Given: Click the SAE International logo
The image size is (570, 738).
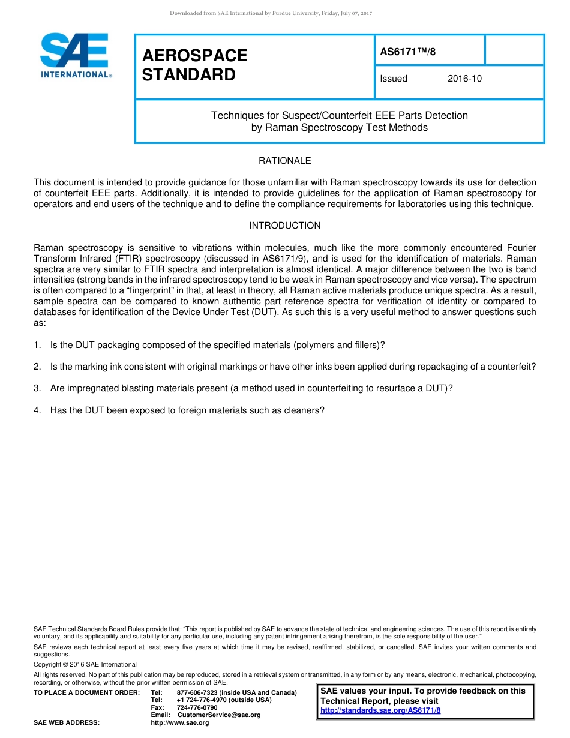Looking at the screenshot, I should pyautogui.click(x=74, y=55).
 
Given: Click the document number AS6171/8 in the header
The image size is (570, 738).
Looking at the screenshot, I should pyautogui.click(x=408, y=52).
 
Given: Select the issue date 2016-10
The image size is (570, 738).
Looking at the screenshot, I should pyautogui.click(x=464, y=79).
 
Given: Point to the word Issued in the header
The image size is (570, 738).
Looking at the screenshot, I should pyautogui.click(x=394, y=79).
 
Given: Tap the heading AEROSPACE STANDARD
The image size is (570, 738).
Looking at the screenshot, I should pyautogui.click(x=194, y=65).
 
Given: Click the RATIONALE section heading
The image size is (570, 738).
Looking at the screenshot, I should pyautogui.click(x=284, y=161).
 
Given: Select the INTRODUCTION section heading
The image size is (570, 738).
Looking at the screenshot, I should pyautogui.click(x=284, y=226).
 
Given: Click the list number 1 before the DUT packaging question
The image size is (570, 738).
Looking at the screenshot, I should pyautogui.click(x=37, y=345).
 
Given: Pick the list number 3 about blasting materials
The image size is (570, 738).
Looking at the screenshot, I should pyautogui.click(x=37, y=388).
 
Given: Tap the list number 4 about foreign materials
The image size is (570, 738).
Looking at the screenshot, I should pyautogui.click(x=37, y=410).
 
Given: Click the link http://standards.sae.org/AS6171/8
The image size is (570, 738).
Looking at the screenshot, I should pyautogui.click(x=380, y=710).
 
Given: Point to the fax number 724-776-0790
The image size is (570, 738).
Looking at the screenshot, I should pyautogui.click(x=197, y=708).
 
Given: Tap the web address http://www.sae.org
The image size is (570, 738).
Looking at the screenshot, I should pyautogui.click(x=179, y=723).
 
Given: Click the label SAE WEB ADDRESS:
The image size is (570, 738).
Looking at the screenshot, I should pyautogui.click(x=67, y=723).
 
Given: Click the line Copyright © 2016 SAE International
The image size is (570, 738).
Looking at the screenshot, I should pyautogui.click(x=85, y=664).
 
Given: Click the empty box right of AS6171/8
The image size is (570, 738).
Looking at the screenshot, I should pyautogui.click(x=514, y=50).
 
